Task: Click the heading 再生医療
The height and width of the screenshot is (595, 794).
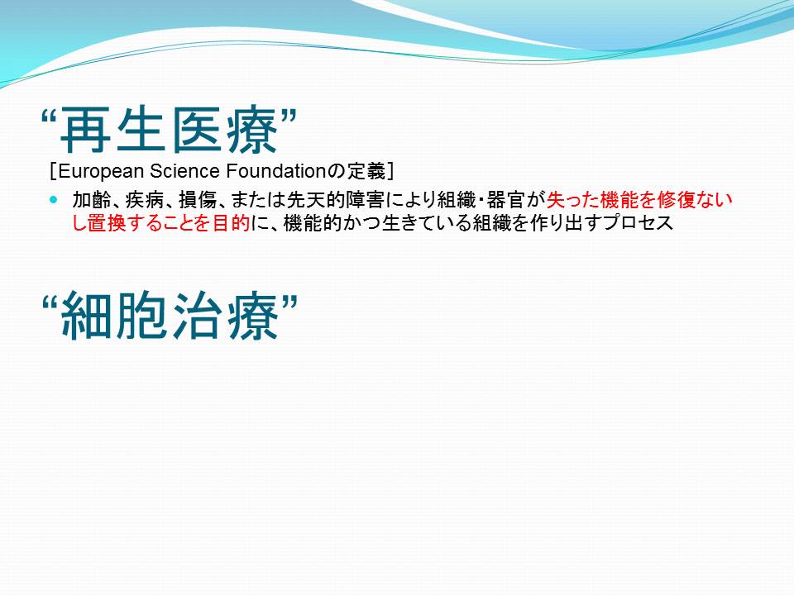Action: coord(170,130)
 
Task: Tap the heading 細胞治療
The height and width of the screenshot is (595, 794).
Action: coord(170,317)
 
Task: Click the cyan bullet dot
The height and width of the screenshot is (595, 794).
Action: coord(54,200)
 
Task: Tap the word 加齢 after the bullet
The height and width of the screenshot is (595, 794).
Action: coord(91,200)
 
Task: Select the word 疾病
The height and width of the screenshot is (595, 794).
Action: coord(144,200)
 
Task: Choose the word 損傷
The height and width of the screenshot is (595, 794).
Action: coord(198,200)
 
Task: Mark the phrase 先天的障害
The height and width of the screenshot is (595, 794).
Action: coord(335,200)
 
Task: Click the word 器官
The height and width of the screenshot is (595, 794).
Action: coord(505,200)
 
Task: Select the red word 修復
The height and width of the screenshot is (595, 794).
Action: coord(677,200)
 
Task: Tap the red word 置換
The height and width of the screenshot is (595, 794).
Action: coord(107,223)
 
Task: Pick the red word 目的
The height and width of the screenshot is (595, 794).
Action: coord(232,223)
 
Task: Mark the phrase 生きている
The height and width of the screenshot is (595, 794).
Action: coord(427,223)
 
